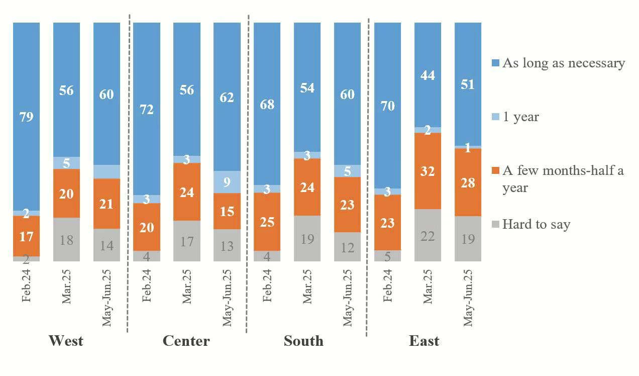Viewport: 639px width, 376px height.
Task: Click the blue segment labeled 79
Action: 26,117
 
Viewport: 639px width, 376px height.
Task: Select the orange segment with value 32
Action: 428,171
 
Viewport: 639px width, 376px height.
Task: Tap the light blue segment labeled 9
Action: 227,182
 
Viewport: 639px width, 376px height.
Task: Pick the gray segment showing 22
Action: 428,235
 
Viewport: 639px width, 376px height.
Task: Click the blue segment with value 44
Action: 428,75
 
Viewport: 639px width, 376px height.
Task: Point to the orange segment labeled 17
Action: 26,236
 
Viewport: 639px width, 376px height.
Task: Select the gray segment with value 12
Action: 347,247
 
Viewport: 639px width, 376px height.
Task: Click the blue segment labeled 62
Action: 227,97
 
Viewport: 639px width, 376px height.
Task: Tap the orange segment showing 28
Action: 468,182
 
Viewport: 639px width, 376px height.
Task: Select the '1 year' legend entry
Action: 520,117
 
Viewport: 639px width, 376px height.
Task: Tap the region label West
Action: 66,341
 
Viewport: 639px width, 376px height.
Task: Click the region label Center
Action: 186,341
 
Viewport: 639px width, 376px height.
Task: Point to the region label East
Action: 424,341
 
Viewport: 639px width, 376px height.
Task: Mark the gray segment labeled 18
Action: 66,239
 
